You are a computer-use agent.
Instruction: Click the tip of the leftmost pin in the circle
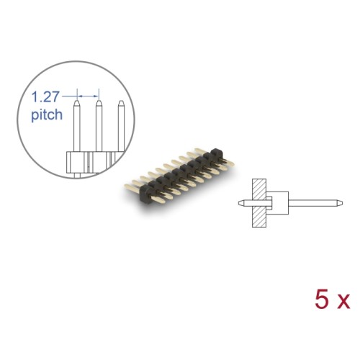pos(76,104)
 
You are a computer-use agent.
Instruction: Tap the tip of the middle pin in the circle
pos(99,104)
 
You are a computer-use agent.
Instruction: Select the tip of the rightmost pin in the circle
pos(121,104)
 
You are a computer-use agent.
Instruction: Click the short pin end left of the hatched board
pos(243,202)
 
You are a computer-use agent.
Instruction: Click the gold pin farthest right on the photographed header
pos(227,152)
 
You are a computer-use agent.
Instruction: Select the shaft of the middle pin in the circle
pos(99,130)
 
